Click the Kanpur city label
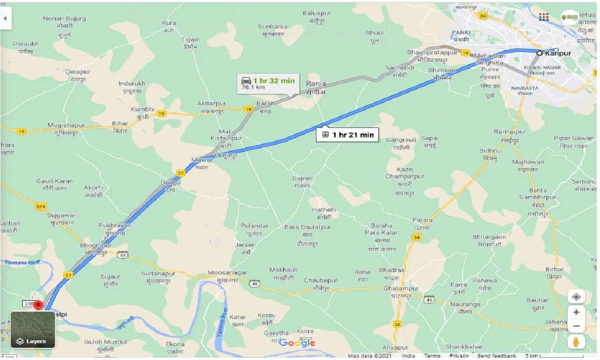pyautogui.click(x=558, y=53)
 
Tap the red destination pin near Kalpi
pyautogui.click(x=38, y=305)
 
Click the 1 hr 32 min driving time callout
pyautogui.click(x=269, y=83)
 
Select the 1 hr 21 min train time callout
pyautogui.click(x=348, y=135)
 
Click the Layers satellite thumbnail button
pyautogui.click(x=33, y=330)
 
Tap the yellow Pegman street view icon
pyautogui.click(x=576, y=341)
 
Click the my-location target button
pyautogui.click(x=576, y=297)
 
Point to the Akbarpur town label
pyautogui.click(x=211, y=104)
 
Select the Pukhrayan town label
pyautogui.click(x=115, y=225)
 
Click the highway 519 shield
pyautogui.click(x=41, y=206)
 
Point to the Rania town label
pyautogui.click(x=315, y=84)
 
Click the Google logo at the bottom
pyautogui.click(x=297, y=343)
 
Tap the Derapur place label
pyautogui.click(x=78, y=72)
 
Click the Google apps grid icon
pyautogui.click(x=544, y=17)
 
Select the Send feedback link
pyautogui.click(x=497, y=356)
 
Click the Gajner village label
pyautogui.click(x=302, y=179)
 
